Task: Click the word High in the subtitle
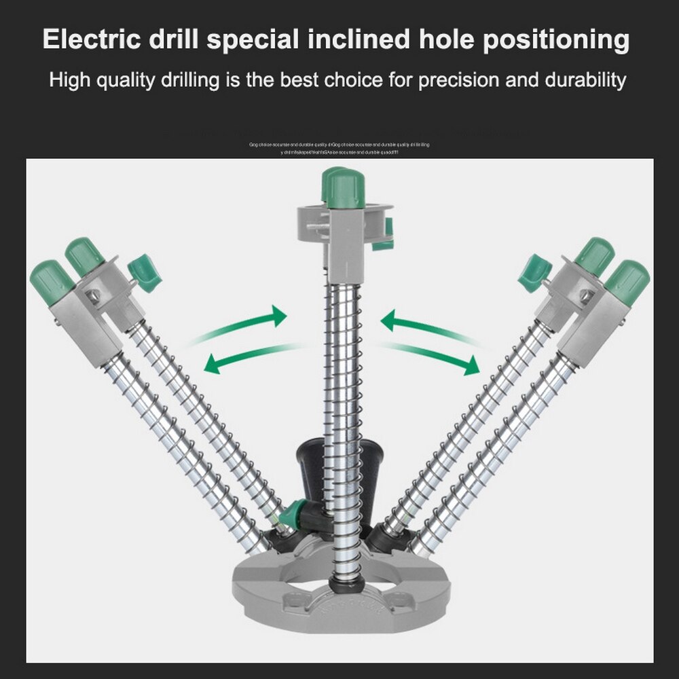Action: tap(71, 81)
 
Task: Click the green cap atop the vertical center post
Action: tap(344, 187)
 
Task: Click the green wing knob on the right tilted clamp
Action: tap(534, 272)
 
